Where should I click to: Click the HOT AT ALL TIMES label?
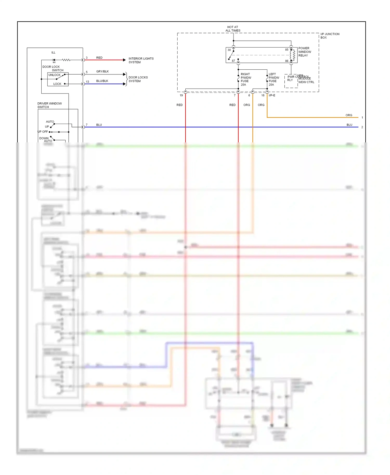pos(233,29)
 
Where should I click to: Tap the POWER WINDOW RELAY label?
pos(304,52)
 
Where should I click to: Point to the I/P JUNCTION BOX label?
pos(330,36)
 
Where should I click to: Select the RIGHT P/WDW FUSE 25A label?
pos(246,79)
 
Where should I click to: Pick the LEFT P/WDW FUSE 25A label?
pos(274,79)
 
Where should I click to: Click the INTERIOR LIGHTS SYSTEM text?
pos(141,60)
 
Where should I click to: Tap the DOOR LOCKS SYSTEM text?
pos(138,79)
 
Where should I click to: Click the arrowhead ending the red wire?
pos(124,60)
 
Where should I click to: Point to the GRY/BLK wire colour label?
pos(102,71)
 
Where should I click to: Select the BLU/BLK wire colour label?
pos(102,81)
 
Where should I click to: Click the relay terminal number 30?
pos(229,50)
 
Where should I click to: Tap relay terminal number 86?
pos(287,61)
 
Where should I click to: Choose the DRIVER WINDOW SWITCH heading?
pos(49,105)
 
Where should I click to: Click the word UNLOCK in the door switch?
pos(54,75)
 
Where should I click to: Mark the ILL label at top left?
pos(53,52)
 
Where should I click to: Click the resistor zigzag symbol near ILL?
pos(66,60)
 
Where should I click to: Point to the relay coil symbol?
pos(293,55)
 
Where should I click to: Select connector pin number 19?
pos(181,95)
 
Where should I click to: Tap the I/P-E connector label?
pos(272,95)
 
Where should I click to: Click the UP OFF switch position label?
pos(43,132)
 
